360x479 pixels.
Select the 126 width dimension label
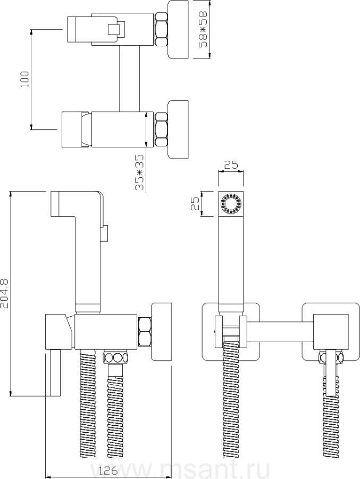tap(108, 471)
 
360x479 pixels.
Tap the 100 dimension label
tap(25, 79)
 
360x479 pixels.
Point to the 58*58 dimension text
tap(203, 29)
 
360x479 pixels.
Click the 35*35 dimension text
tap(139, 172)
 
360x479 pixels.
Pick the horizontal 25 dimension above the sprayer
tap(231, 165)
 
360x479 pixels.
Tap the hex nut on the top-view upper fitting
tap(161, 30)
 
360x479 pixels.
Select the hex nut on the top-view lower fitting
tap(161, 129)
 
